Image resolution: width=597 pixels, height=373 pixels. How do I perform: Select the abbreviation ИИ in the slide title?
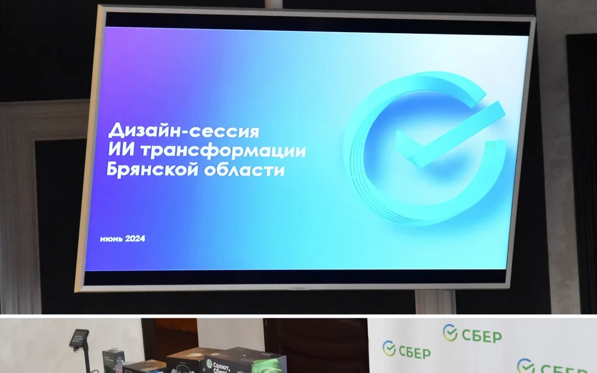119,150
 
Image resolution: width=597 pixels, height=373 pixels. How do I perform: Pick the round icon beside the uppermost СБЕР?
449,333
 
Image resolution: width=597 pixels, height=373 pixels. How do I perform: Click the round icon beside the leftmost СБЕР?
389,349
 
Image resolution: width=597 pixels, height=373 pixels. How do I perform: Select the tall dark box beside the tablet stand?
113,358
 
